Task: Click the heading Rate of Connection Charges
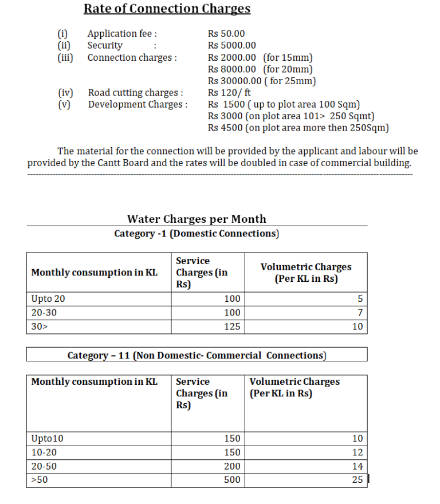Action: click(x=167, y=9)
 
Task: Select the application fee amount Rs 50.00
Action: click(x=226, y=34)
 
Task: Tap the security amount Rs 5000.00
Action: click(x=232, y=45)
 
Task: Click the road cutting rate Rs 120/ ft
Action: click(x=229, y=92)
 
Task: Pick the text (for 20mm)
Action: click(x=288, y=69)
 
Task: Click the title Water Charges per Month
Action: click(x=197, y=219)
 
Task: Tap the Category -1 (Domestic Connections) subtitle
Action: click(x=197, y=233)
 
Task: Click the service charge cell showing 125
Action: click(x=232, y=327)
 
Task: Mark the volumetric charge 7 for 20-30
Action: click(x=360, y=313)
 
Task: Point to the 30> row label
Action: click(x=38, y=327)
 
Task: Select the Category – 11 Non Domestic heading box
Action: click(x=197, y=355)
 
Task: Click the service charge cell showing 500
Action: click(x=232, y=480)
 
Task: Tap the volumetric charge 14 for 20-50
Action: click(x=357, y=466)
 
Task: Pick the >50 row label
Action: click(x=40, y=480)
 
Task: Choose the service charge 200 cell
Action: click(x=232, y=466)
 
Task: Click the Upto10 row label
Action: click(x=48, y=439)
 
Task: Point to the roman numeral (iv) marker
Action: click(x=65, y=92)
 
